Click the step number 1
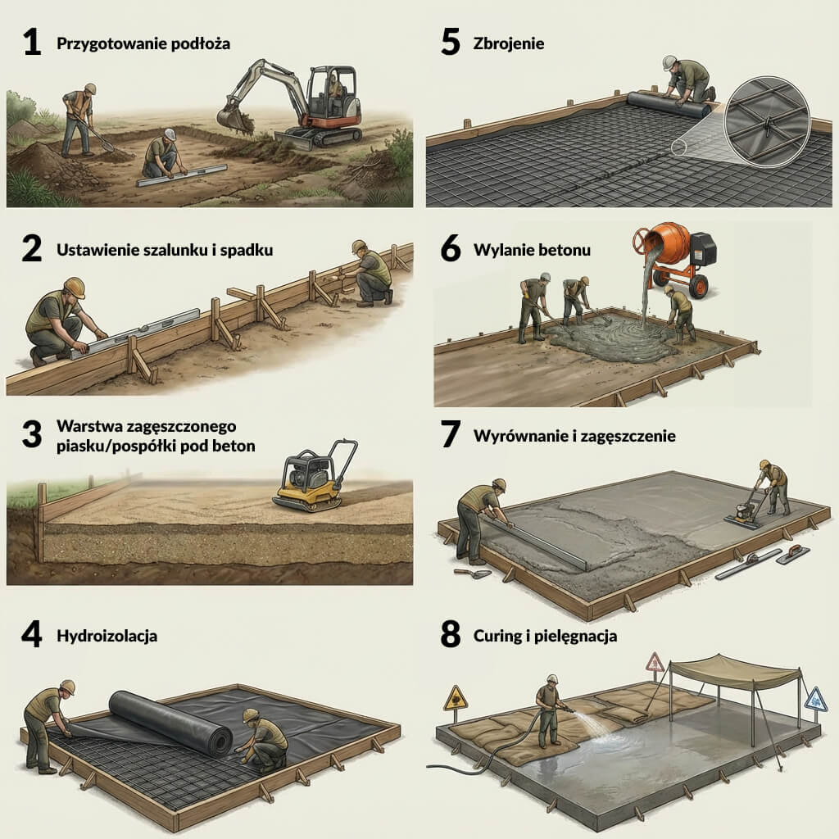tap(31, 43)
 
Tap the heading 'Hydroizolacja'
tap(107, 636)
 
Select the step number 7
tap(450, 435)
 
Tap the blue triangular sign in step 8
tap(814, 699)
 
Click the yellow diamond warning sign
tap(455, 699)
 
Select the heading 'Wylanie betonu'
tap(532, 250)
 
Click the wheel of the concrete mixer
tap(698, 286)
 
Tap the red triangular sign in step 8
tap(655, 662)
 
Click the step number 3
tap(31, 435)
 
